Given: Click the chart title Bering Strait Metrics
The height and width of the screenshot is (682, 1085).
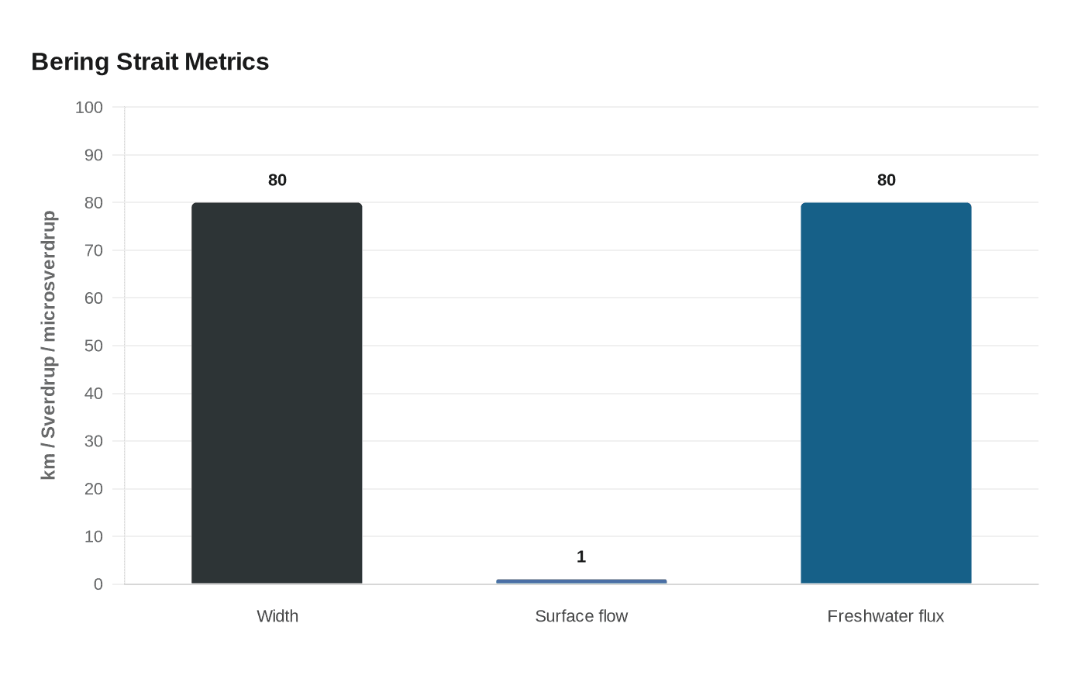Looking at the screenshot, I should (150, 62).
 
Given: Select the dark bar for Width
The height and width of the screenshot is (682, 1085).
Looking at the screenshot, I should (277, 393).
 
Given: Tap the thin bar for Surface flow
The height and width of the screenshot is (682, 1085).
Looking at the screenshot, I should (581, 581).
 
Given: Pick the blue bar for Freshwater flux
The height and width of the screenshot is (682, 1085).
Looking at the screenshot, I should (886, 393).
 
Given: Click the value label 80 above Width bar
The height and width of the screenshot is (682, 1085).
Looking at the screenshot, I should (277, 181).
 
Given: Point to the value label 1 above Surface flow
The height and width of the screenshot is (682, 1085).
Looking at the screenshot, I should (581, 557).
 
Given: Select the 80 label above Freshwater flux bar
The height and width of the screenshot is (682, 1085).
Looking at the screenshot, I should (886, 181).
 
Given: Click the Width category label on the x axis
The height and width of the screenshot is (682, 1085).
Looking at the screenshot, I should (277, 616).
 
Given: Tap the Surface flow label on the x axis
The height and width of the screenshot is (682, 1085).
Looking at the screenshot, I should (581, 616).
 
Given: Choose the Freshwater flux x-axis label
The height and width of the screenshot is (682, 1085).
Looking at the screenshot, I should (885, 616).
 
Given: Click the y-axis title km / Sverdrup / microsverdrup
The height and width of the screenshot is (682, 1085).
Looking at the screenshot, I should (49, 346).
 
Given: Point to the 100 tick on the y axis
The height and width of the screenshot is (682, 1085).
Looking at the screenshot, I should (89, 108).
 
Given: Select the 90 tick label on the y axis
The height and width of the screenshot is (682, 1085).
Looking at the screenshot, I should (94, 155).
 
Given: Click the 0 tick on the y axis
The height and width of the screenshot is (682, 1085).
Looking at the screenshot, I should (98, 584).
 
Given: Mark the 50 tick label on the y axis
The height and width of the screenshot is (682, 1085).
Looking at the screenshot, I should (94, 346).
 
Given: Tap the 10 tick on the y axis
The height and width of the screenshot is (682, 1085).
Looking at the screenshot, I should (94, 536).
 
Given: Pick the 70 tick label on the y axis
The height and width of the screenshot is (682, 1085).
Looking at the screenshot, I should (94, 250).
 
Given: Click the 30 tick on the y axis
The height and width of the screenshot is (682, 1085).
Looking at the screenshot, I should (94, 441).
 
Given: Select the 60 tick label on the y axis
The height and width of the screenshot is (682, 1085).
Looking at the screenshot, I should (94, 298).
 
